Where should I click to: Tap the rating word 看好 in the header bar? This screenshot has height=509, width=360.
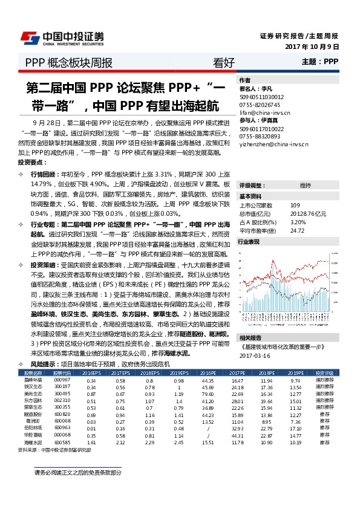pos(224,62)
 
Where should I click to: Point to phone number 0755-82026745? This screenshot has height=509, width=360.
pos(261,105)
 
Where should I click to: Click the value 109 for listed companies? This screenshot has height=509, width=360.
pos(295,206)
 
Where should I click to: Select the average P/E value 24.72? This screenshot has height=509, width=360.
pos(297,230)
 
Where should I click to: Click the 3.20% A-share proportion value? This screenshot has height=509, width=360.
pos(298,222)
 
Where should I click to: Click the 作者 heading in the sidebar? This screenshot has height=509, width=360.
pos(245,80)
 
